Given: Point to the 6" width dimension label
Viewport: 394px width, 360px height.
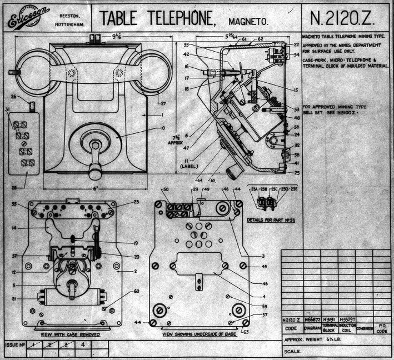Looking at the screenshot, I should pos(96,188).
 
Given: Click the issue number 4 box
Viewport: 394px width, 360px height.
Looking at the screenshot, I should pos(83,345).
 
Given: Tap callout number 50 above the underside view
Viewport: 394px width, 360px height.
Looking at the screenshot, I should pos(165,191).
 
